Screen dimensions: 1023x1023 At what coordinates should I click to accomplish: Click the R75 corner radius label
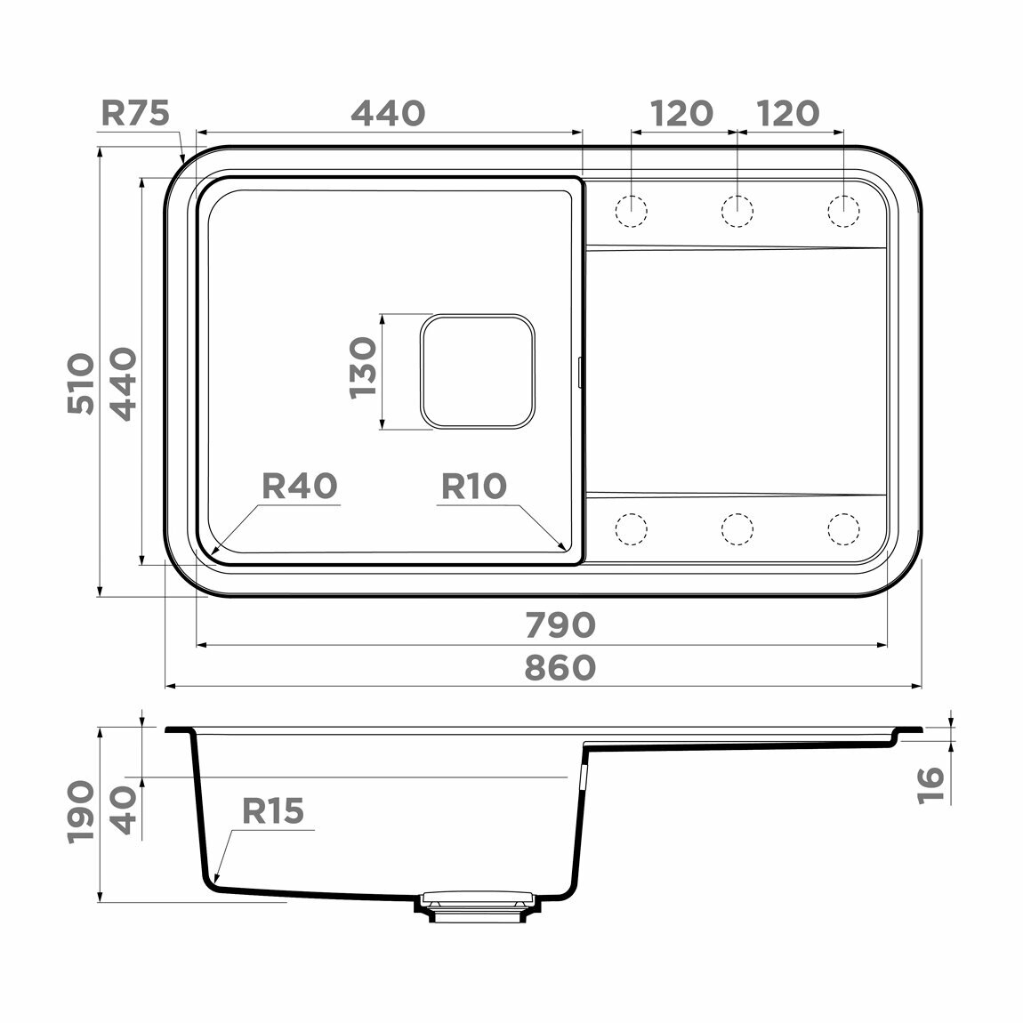tap(135, 113)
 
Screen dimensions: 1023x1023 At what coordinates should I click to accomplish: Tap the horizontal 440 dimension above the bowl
tap(388, 113)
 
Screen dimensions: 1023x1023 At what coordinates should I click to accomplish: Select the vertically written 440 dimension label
tap(123, 383)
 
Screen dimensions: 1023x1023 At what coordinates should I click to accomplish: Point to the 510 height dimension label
tap(81, 383)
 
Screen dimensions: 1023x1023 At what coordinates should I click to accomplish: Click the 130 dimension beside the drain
tap(364, 367)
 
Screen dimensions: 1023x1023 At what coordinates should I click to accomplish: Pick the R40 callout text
tap(300, 486)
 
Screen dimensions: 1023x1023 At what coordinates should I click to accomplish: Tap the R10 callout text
tap(473, 486)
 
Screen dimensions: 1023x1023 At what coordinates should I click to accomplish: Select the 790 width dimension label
tap(560, 625)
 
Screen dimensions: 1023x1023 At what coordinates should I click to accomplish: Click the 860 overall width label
tap(560, 668)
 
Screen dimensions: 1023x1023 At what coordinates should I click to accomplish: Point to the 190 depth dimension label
tap(81, 811)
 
